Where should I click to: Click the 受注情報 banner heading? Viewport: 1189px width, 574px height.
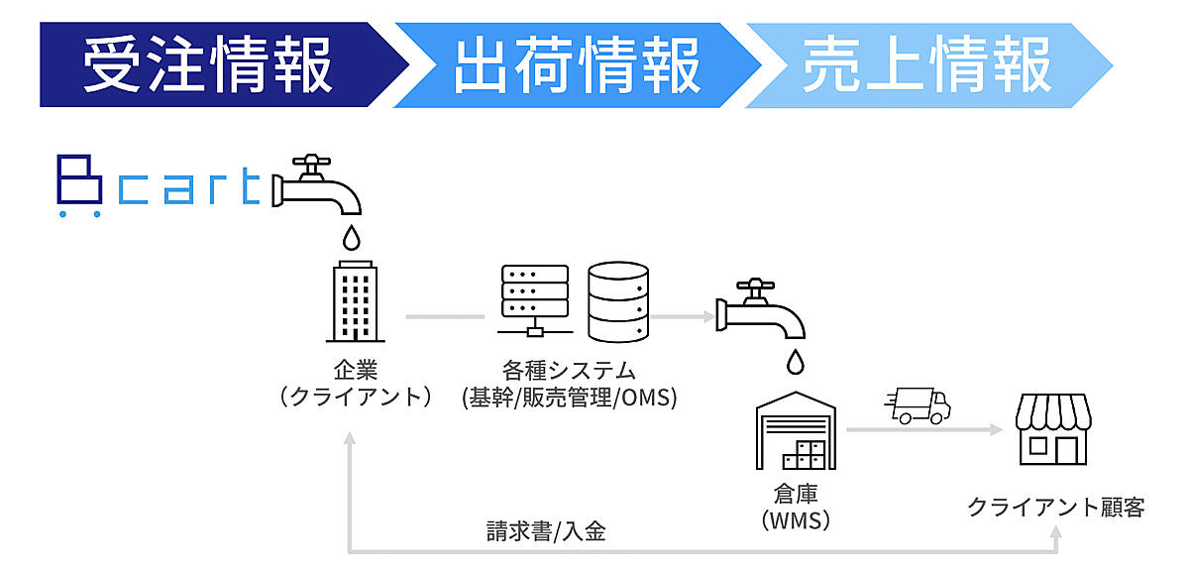tap(207, 65)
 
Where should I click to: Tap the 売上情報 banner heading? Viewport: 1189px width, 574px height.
tap(926, 65)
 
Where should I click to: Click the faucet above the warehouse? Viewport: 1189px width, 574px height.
tap(762, 308)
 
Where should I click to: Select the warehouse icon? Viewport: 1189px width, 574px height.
tap(797, 430)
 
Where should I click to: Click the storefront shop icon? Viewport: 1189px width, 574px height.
tap(1052, 430)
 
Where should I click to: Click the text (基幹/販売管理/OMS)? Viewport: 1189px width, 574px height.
tap(569, 398)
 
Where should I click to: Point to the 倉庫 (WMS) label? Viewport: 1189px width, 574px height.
tap(797, 506)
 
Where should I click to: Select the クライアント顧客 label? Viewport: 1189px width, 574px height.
tap(1055, 508)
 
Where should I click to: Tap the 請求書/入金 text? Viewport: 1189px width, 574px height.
tap(546, 531)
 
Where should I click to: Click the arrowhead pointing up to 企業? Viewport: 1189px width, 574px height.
tap(349, 442)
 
